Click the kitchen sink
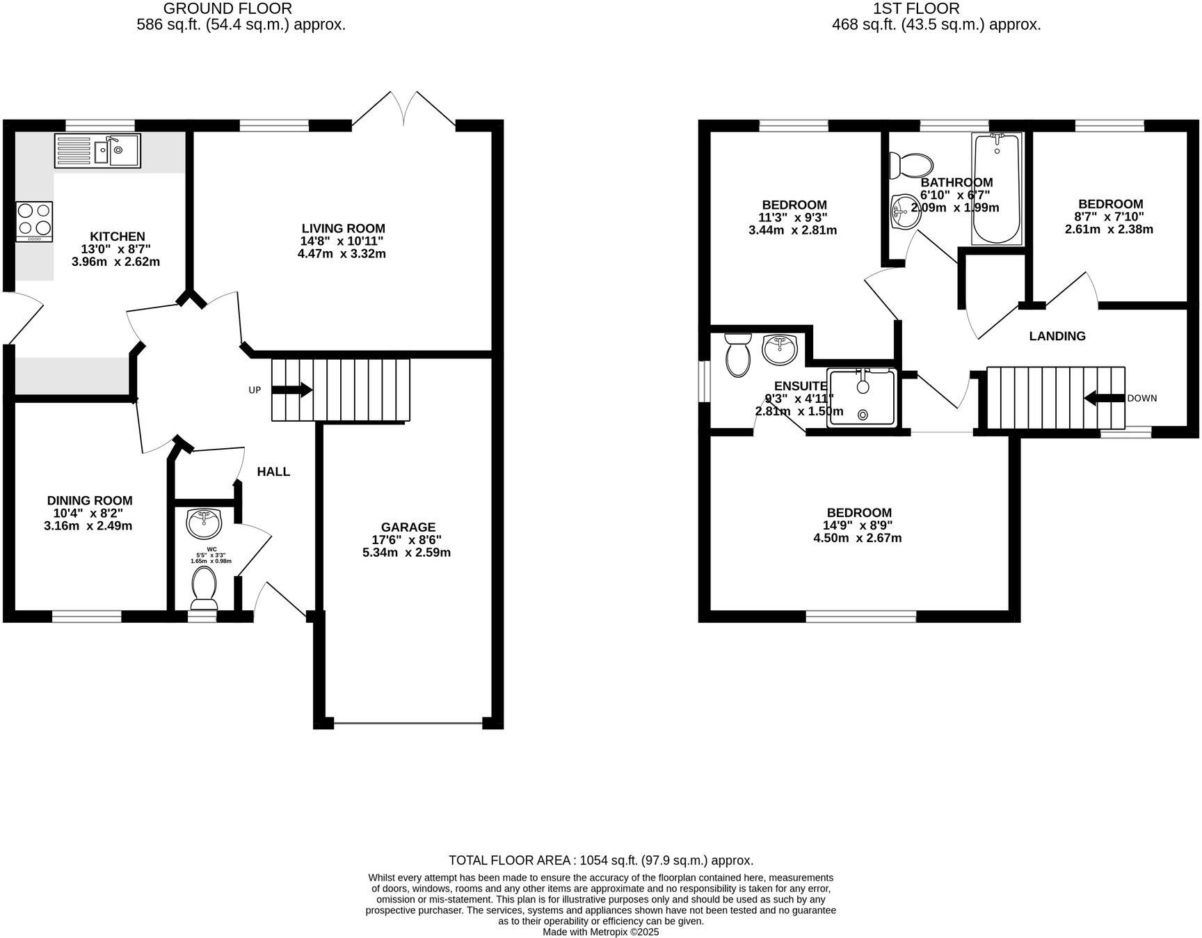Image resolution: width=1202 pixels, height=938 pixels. pyautogui.click(x=98, y=150)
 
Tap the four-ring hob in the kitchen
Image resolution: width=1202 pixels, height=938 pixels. pyautogui.click(x=34, y=221)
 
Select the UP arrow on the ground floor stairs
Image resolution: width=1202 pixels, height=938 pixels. pyautogui.click(x=291, y=390)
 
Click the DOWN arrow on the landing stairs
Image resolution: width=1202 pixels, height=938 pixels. pyautogui.click(x=1104, y=398)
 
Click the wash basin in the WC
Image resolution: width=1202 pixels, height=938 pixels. pyautogui.click(x=204, y=523)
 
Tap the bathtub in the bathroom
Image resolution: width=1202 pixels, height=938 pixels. pyautogui.click(x=997, y=188)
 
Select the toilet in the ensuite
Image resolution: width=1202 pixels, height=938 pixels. pyautogui.click(x=737, y=356)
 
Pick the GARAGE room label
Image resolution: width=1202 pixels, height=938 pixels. pyautogui.click(x=408, y=527)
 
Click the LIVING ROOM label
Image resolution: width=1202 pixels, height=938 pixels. pyautogui.click(x=343, y=228)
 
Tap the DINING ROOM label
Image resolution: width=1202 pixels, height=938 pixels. pyautogui.click(x=89, y=500)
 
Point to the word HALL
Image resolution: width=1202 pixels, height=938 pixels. pyautogui.click(x=273, y=472)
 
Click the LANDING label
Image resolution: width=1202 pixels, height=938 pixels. pyautogui.click(x=1057, y=336)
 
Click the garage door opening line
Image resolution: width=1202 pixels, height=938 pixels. pyautogui.click(x=407, y=724)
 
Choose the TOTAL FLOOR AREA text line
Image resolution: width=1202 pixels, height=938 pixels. pyautogui.click(x=600, y=860)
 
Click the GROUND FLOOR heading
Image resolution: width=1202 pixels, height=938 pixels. pyautogui.click(x=227, y=8)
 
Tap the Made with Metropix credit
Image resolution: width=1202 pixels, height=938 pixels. pyautogui.click(x=600, y=932)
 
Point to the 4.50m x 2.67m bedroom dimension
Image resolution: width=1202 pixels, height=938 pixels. pyautogui.click(x=857, y=538)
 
